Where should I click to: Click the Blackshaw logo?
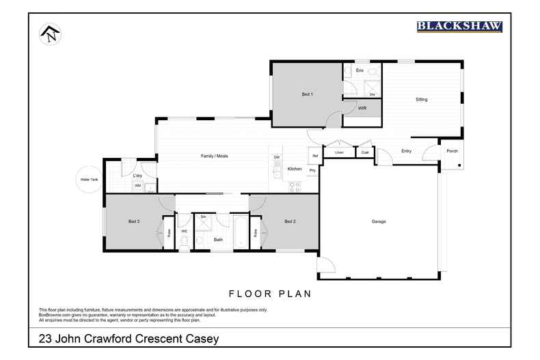(x=459, y=27)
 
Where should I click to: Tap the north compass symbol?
(x=49, y=34)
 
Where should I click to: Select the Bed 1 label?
(x=307, y=94)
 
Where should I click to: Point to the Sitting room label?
(x=422, y=100)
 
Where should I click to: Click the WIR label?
(x=362, y=109)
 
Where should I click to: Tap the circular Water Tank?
(x=89, y=180)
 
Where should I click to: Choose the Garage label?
(x=379, y=221)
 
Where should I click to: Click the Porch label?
(x=452, y=151)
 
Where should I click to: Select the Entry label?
(x=406, y=151)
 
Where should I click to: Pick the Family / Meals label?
(x=214, y=156)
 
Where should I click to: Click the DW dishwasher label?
(x=277, y=158)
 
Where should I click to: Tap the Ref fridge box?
(x=314, y=156)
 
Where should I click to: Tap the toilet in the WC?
(x=184, y=240)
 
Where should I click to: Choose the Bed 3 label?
(x=134, y=221)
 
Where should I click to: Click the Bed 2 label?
(x=290, y=221)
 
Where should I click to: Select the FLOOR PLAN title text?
(x=270, y=294)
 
